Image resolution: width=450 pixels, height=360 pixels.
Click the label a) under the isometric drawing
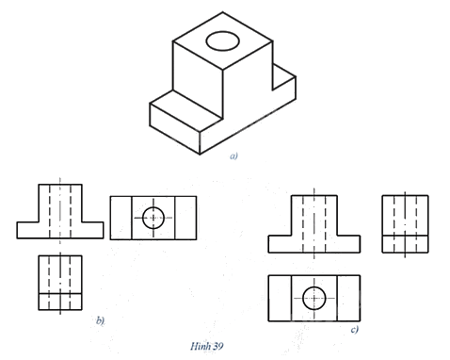tap(233, 155)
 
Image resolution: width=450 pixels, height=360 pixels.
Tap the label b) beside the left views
tap(100, 320)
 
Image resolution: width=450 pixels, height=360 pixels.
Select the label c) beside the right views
tap(355, 330)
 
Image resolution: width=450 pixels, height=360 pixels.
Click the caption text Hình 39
tap(207, 346)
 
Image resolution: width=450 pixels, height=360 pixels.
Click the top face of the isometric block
tap(223, 41)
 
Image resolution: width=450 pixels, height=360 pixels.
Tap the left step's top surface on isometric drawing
tap(185, 110)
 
